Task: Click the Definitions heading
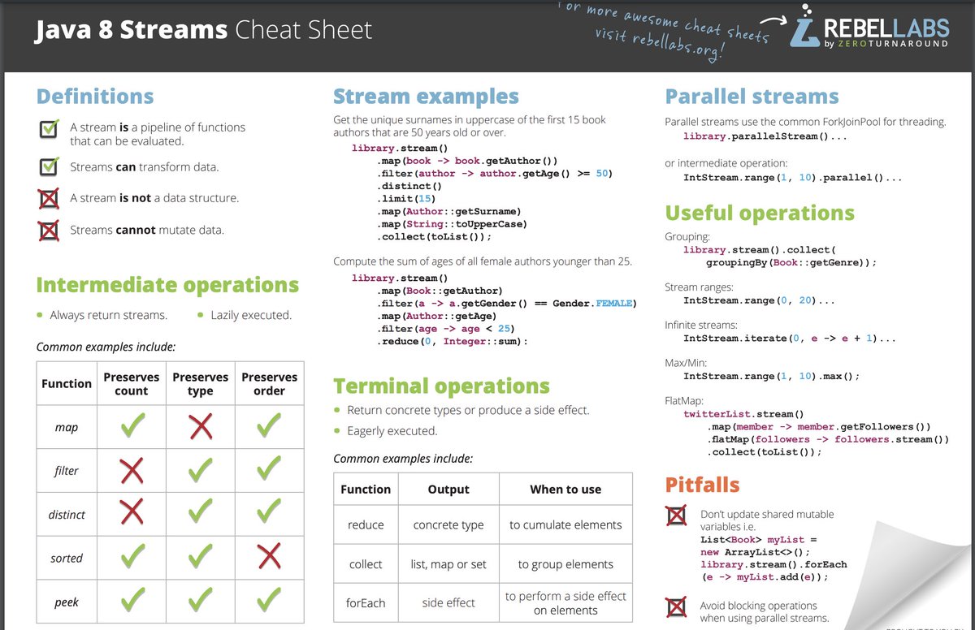[x=94, y=97]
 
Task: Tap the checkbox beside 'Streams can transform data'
[x=50, y=166]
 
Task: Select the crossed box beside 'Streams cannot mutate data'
[x=50, y=230]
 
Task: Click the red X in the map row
[x=200, y=426]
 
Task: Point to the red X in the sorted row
[x=269, y=558]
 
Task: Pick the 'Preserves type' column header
[x=200, y=383]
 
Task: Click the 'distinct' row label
[x=67, y=515]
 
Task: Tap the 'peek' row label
[x=67, y=602]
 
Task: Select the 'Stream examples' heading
[x=426, y=97]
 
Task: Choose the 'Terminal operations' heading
[x=441, y=386]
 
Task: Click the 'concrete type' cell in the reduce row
[x=448, y=524]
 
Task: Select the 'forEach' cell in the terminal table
[x=365, y=602]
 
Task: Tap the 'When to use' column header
[x=565, y=489]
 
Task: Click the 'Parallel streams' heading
[x=752, y=97]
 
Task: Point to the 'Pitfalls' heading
[x=702, y=485]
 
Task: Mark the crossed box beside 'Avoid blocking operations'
[x=675, y=608]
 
